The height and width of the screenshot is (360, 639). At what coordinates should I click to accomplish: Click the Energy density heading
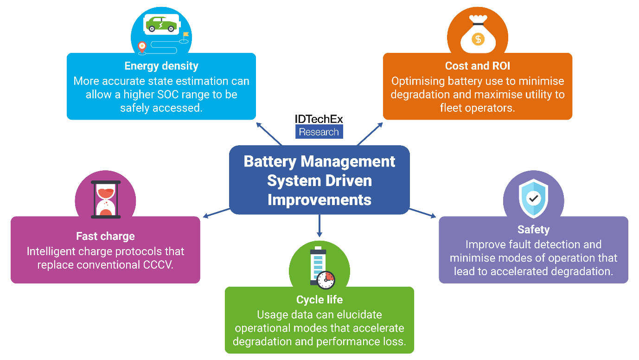[x=161, y=66]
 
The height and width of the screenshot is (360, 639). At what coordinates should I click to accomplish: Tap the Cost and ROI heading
[x=477, y=66]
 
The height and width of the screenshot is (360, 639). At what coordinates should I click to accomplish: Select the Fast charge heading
[x=105, y=236]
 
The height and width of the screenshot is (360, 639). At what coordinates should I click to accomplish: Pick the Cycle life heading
[x=319, y=300]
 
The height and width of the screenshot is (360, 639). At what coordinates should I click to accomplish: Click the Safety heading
[x=533, y=230]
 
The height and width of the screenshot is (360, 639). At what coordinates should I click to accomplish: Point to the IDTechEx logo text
[x=319, y=119]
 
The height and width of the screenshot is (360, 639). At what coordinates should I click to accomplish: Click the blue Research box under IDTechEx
[x=319, y=132]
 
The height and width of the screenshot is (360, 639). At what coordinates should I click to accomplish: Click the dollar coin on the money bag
[x=478, y=39]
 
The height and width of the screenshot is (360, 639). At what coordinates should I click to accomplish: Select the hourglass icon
[x=106, y=199]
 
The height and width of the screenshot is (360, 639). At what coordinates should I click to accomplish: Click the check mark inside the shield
[x=534, y=199]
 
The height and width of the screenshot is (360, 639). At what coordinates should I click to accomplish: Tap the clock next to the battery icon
[x=326, y=280]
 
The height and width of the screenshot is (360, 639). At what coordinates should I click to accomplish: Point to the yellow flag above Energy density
[x=186, y=34]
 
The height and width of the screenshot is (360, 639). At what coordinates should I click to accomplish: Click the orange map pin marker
[x=142, y=46]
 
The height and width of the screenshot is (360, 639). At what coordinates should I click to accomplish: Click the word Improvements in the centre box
[x=319, y=199]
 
